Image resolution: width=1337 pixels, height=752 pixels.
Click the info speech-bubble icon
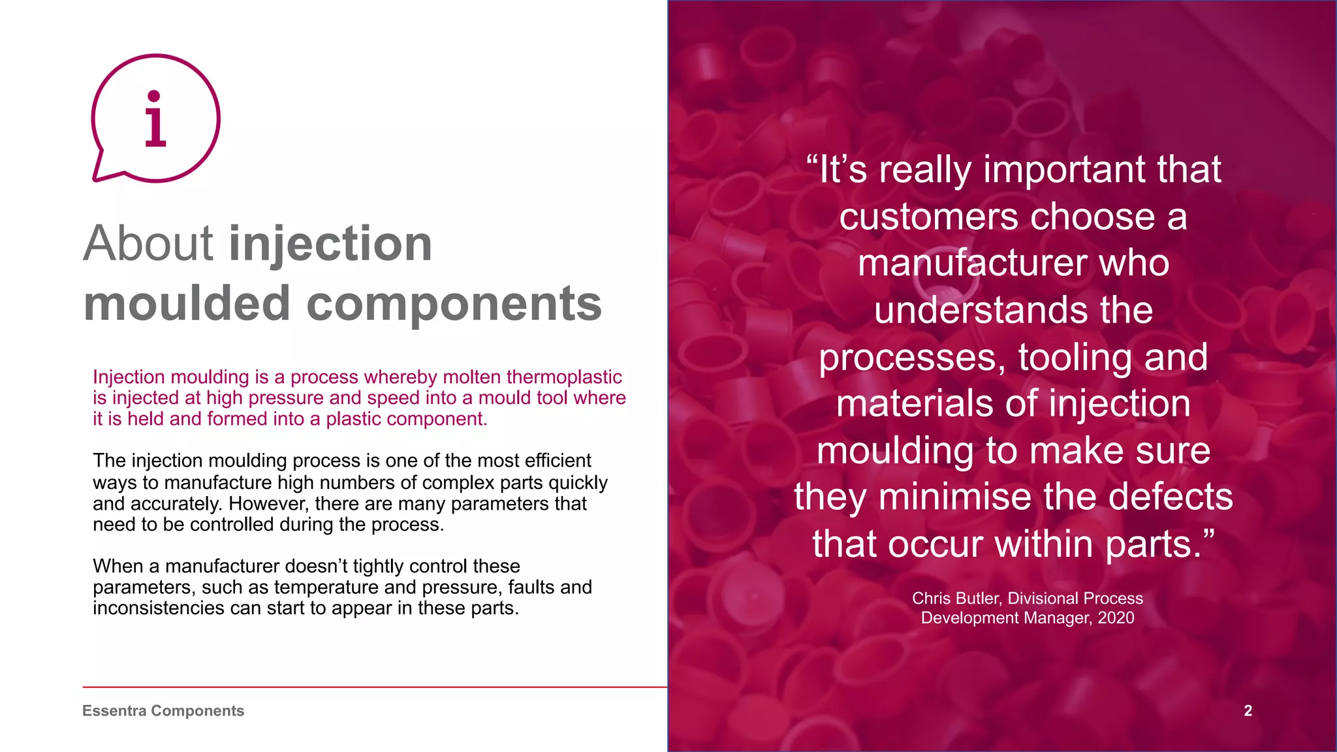(x=155, y=118)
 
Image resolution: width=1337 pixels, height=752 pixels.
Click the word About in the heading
(x=148, y=243)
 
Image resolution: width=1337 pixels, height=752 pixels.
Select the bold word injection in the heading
(x=330, y=243)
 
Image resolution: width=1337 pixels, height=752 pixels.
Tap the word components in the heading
(x=454, y=304)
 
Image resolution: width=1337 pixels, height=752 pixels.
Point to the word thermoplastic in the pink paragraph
(x=564, y=377)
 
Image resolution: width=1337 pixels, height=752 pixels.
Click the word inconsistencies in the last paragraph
(x=159, y=608)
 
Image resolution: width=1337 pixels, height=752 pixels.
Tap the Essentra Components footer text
(x=163, y=711)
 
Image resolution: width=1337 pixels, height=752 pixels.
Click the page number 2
(x=1248, y=711)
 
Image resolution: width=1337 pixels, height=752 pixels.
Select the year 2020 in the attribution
(x=1116, y=618)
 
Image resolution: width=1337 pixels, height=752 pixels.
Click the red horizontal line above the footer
(x=375, y=687)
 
